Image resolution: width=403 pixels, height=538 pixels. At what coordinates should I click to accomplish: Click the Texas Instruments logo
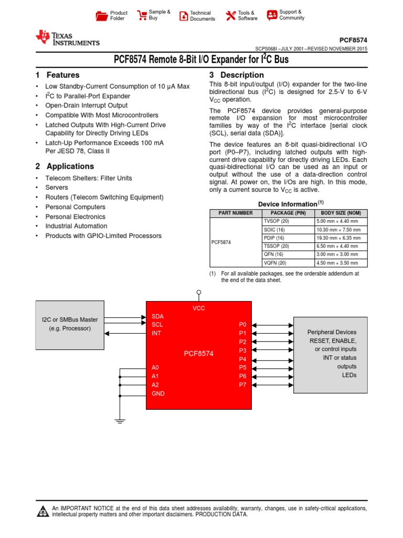tap(67, 38)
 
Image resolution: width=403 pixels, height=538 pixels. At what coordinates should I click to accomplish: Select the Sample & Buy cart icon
tap(142, 15)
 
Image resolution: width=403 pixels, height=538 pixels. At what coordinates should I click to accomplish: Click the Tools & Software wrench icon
tap(231, 16)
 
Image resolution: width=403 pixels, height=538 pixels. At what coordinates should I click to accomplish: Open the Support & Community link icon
tap(272, 15)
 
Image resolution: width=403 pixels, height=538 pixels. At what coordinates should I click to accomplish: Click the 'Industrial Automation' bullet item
tap(76, 226)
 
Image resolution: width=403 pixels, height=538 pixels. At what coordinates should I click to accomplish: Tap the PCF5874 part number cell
tap(221, 242)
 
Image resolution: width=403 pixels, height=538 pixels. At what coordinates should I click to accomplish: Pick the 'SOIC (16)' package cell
tap(274, 230)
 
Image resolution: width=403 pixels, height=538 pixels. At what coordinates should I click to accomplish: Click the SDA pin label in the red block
tap(157, 316)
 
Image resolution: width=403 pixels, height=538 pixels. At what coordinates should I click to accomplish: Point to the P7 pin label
tap(242, 385)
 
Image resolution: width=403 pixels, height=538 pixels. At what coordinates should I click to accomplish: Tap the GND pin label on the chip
tap(158, 393)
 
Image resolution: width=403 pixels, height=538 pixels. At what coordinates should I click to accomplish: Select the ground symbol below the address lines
tap(120, 420)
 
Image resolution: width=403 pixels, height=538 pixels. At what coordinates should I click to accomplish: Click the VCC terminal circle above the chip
tap(198, 292)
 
